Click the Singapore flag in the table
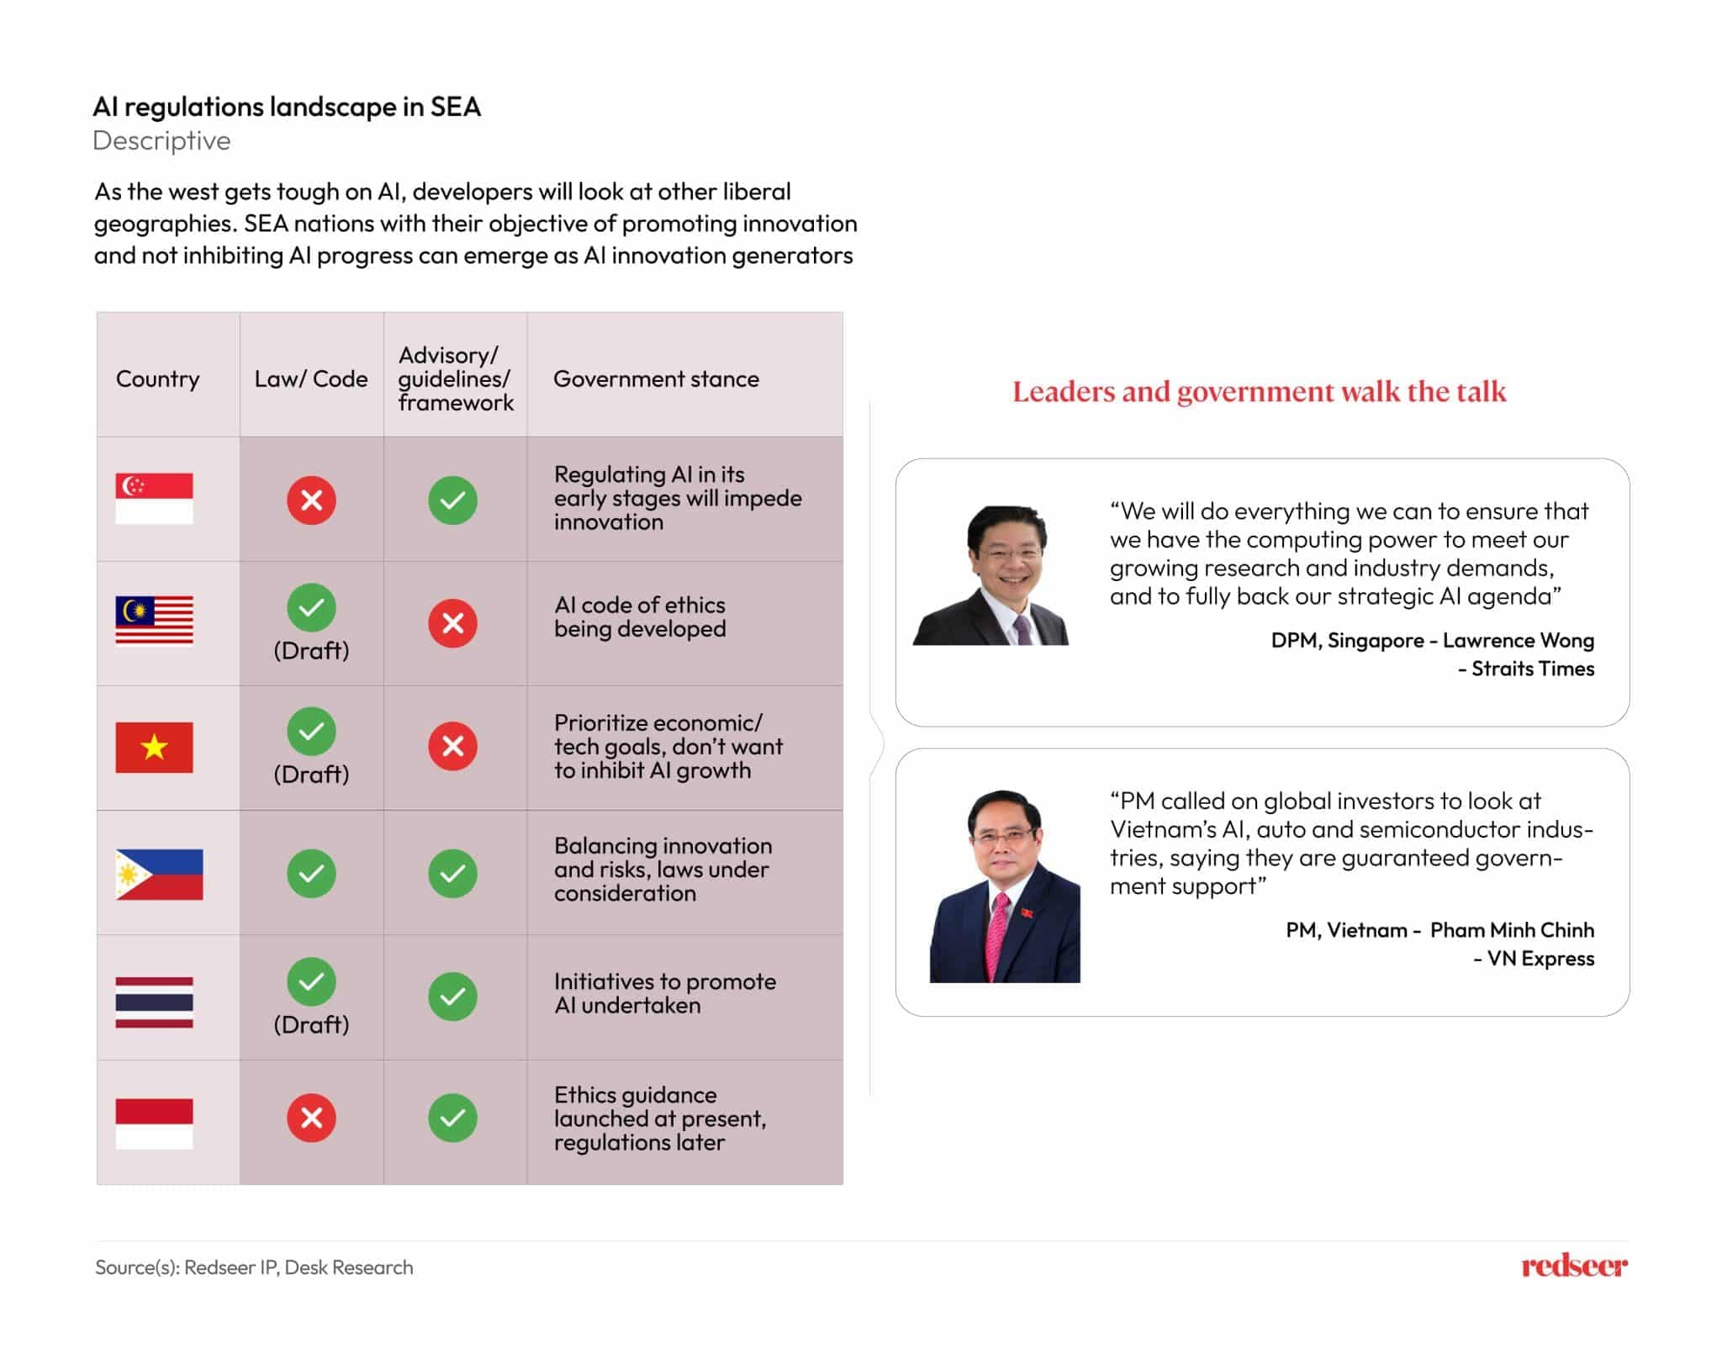point(154,498)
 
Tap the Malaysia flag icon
point(154,621)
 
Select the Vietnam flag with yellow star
point(154,747)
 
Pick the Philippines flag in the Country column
point(159,874)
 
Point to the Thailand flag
point(154,1002)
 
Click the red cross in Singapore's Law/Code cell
point(311,500)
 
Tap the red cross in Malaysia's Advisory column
point(452,623)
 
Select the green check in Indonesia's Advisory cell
point(452,1118)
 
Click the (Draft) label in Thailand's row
point(311,1024)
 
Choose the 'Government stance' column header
point(656,378)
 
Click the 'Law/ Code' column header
point(311,378)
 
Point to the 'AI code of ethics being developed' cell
point(639,616)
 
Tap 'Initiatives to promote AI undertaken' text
point(664,993)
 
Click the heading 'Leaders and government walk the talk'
point(1259,392)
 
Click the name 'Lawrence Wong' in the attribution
point(1518,640)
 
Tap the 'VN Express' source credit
point(1540,958)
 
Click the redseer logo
point(1573,1266)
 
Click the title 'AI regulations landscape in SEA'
point(287,107)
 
